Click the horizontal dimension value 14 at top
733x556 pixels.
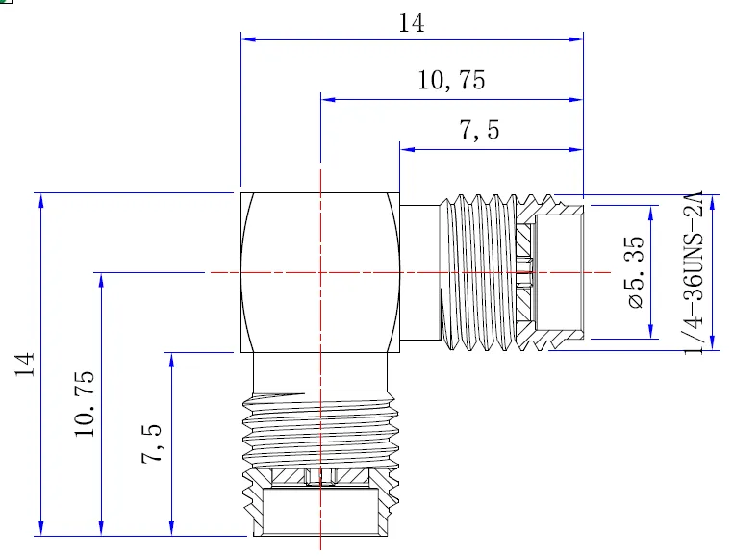pyautogui.click(x=412, y=24)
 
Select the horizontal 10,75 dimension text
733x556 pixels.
pyautogui.click(x=451, y=82)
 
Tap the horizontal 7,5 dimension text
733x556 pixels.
pyautogui.click(x=478, y=132)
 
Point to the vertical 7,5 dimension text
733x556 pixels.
pyautogui.click(x=153, y=443)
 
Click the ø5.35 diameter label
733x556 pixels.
pyautogui.click(x=635, y=273)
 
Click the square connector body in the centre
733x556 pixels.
pyautogui.click(x=319, y=273)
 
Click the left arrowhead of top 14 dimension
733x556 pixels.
pyautogui.click(x=246, y=38)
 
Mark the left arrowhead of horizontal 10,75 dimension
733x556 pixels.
pyautogui.click(x=326, y=98)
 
